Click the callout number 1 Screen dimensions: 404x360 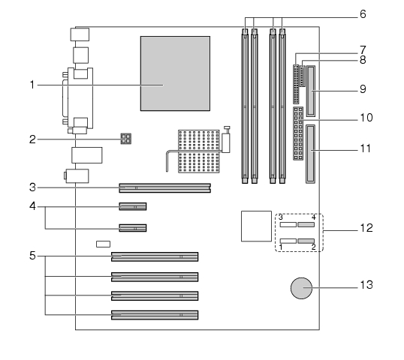click(x=32, y=85)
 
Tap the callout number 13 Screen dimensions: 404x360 click(x=366, y=285)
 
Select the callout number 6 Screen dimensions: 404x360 click(x=363, y=14)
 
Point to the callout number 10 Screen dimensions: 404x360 click(x=366, y=118)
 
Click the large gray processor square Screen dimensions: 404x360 click(x=175, y=73)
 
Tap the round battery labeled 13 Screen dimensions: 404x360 click(x=301, y=288)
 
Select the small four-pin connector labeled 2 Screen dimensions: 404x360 click(x=126, y=139)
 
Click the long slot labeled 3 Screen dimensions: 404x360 click(x=165, y=187)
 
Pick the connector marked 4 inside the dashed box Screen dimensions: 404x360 click(x=306, y=225)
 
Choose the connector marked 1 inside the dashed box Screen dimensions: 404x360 click(x=288, y=241)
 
